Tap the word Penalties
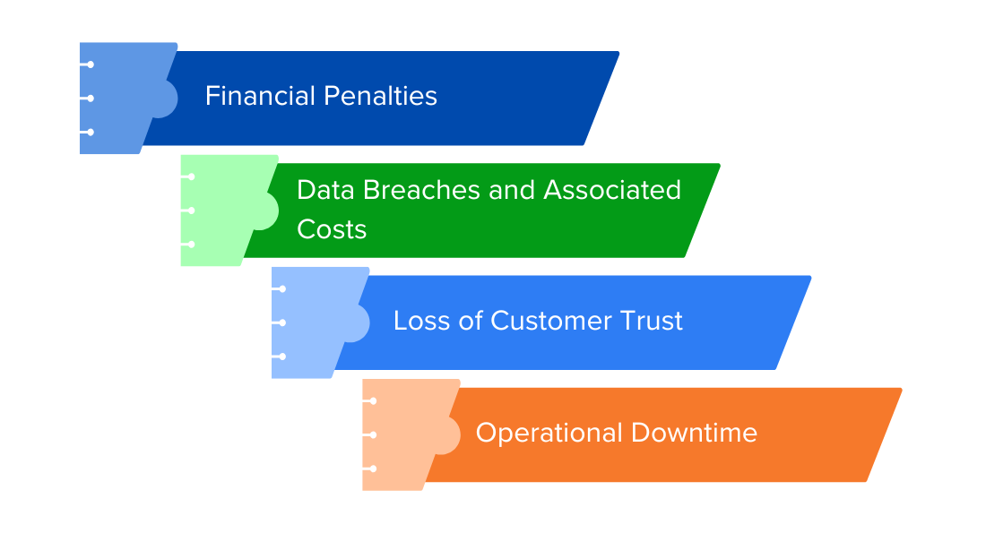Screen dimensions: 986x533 [380, 96]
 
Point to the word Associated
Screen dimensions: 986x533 [612, 190]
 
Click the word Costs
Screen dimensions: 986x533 [332, 229]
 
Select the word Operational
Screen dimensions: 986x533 [549, 433]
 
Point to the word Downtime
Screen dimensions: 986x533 [694, 433]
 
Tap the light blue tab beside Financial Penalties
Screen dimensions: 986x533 [123, 98]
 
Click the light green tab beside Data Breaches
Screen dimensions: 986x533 [223, 211]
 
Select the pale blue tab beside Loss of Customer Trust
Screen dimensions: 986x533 [315, 322]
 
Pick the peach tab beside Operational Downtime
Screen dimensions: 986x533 [405, 435]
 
